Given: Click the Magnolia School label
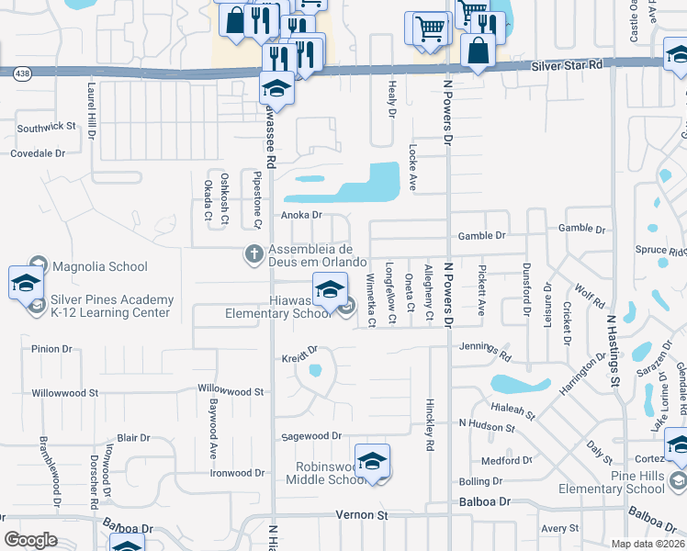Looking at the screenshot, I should click(99, 267).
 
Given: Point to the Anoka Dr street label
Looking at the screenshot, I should click(301, 215).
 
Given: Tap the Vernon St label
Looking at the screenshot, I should click(361, 515).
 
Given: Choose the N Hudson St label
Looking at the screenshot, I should click(487, 428).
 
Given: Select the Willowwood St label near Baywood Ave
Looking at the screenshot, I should click(231, 391).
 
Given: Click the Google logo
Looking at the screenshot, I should click(30, 540).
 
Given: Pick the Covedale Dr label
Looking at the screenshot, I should click(38, 153).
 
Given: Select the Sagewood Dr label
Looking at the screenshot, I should click(311, 436).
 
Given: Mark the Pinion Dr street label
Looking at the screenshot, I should click(51, 349).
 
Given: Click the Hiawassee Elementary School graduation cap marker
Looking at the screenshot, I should click(329, 291).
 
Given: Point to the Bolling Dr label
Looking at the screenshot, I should click(480, 481).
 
